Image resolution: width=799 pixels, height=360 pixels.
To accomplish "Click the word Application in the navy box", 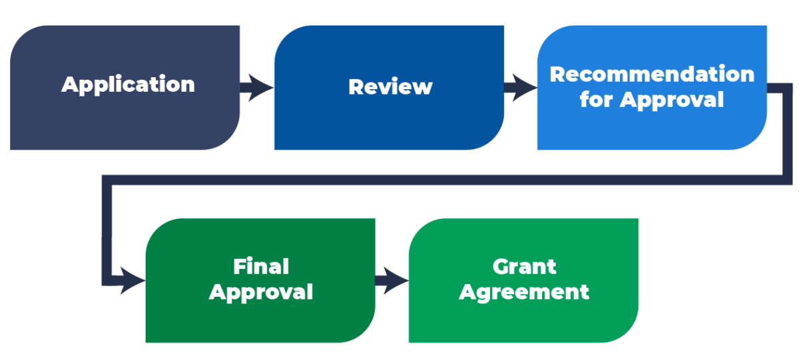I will pyautogui.click(x=128, y=85).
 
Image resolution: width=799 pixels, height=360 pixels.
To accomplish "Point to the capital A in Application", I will pyautogui.click(x=70, y=85).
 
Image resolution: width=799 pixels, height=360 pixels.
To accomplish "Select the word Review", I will pyautogui.click(x=390, y=87).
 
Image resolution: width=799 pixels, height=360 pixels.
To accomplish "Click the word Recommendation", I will pyautogui.click(x=652, y=74).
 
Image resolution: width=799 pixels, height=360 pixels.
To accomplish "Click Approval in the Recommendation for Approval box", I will pyautogui.click(x=672, y=100).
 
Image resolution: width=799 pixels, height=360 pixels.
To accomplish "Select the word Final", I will pyautogui.click(x=260, y=267).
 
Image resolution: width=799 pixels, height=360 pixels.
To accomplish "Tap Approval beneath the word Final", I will pyautogui.click(x=260, y=292).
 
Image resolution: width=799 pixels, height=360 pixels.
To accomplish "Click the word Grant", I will pyautogui.click(x=524, y=267).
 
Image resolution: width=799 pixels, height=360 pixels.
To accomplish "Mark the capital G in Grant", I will pyautogui.click(x=501, y=267).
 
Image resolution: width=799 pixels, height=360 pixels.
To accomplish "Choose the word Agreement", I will pyautogui.click(x=524, y=292).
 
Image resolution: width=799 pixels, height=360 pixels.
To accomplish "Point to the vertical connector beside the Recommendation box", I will pyautogui.click(x=778, y=133).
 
